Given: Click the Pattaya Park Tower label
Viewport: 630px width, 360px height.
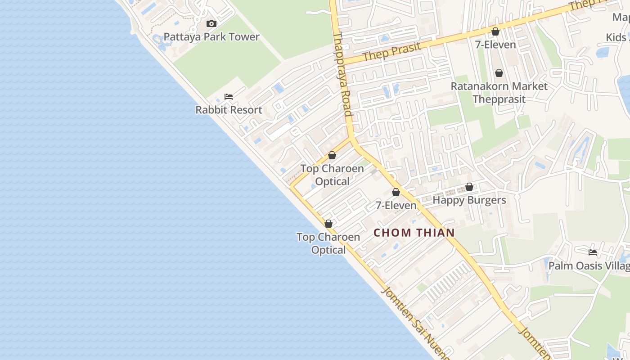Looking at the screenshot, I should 211,37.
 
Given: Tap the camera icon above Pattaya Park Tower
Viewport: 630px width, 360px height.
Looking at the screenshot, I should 211,23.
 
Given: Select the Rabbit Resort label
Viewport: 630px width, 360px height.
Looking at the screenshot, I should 229,110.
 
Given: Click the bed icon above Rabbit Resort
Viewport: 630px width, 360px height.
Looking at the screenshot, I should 229,97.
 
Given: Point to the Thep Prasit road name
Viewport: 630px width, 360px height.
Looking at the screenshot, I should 391,52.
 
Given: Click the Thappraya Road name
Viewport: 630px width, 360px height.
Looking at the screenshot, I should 342,74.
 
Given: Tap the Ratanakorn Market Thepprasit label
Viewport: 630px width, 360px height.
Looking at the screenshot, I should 499,92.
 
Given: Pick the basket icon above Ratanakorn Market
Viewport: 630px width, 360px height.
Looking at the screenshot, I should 499,73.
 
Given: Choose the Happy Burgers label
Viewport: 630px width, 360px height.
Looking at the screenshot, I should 469,200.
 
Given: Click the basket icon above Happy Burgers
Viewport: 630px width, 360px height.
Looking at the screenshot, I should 469,187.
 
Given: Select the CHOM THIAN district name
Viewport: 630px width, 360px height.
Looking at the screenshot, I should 414,233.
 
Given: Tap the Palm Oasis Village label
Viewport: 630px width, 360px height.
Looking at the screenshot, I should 589,265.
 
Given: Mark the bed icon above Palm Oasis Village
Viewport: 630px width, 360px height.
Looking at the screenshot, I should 593,252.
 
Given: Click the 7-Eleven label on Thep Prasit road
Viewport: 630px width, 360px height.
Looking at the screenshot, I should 495,45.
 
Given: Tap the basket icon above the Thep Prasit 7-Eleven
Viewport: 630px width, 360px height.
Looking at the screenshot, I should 495,31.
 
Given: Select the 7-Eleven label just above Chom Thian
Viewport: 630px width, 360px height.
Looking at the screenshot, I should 396,205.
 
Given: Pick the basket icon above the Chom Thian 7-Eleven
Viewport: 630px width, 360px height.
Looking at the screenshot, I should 396,192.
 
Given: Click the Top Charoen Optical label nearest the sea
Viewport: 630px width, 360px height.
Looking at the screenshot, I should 328,243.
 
